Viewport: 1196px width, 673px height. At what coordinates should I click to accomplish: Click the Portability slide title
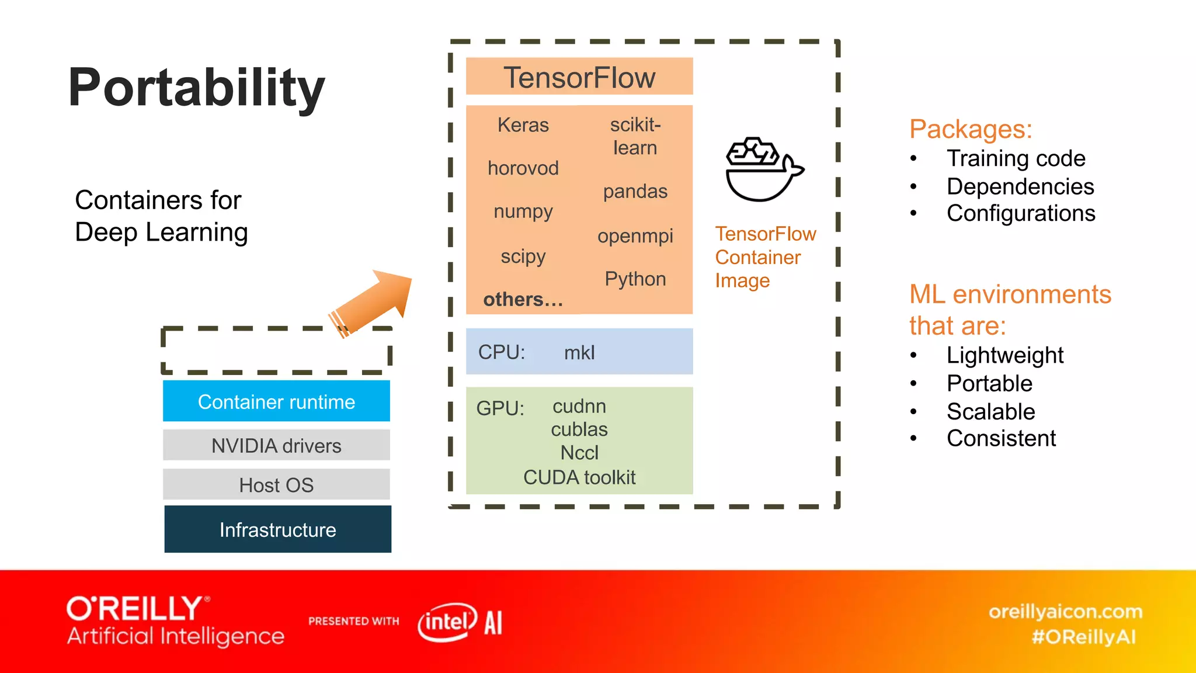[x=196, y=88]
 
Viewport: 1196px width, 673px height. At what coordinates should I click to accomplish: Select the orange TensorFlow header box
[x=579, y=77]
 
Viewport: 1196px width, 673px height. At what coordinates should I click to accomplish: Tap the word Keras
[x=523, y=125]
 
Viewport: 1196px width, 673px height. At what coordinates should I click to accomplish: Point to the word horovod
[x=523, y=168]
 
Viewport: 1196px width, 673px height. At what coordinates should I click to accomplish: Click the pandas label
[x=635, y=192]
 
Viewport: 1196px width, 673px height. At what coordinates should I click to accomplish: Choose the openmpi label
[x=635, y=236]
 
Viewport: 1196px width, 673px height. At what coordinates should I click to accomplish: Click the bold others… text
[x=523, y=299]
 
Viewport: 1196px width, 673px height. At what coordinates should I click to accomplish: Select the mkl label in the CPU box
[x=579, y=352]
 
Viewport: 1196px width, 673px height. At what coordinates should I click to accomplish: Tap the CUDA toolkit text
[x=579, y=477]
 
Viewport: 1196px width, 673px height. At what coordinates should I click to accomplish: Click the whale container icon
[x=762, y=170]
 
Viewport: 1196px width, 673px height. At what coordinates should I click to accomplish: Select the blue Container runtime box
[x=276, y=401]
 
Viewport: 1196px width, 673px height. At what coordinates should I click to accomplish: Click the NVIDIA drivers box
[x=276, y=446]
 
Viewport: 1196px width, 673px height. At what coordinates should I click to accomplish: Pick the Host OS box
[x=276, y=485]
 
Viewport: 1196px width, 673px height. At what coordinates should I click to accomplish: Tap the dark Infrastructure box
[x=278, y=529]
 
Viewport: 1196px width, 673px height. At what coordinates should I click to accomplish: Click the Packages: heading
[x=971, y=129]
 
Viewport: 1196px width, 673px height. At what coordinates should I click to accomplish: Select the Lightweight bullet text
[x=1004, y=355]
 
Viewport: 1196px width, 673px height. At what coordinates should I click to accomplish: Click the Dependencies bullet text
[x=1020, y=186]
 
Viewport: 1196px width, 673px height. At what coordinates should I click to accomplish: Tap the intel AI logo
[x=460, y=622]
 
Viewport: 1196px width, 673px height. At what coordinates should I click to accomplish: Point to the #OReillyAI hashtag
[x=1084, y=637]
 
